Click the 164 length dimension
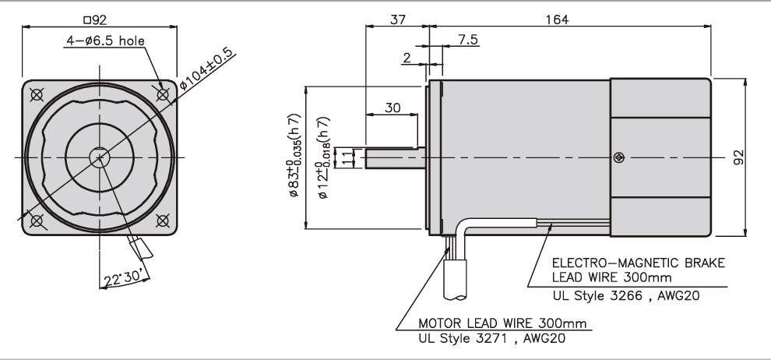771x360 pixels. pos(557,19)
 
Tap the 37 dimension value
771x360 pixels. pos(398,19)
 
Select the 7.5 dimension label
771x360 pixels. pos(467,40)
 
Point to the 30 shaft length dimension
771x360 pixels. pos(393,108)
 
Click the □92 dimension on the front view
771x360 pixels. pos(95,19)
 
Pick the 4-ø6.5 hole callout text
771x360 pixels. pos(106,41)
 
